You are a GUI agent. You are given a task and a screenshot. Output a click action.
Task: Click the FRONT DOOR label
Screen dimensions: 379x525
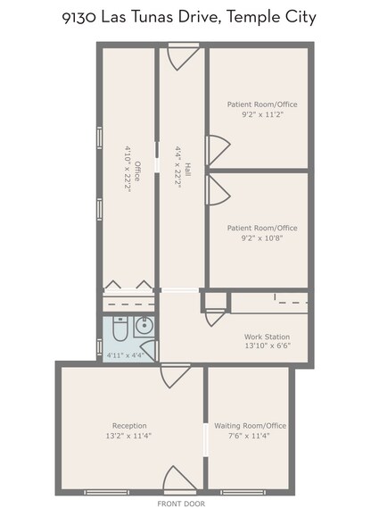click(181, 504)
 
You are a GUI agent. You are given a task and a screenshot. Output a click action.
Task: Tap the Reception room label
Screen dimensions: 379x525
click(129, 426)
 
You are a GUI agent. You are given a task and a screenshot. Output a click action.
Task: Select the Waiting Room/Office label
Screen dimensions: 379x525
click(251, 426)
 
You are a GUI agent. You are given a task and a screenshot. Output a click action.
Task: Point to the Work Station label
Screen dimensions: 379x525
click(267, 337)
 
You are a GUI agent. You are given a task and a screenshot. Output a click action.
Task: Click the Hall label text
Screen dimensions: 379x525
click(188, 170)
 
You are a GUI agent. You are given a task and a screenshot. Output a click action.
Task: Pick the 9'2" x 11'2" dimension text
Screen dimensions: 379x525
click(262, 114)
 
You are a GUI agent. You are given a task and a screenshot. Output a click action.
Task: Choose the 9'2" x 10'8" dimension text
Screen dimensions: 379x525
click(262, 238)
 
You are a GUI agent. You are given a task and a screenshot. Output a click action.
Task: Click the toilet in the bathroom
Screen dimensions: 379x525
click(119, 329)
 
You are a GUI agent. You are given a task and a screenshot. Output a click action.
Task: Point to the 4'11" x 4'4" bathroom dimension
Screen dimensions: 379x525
click(125, 354)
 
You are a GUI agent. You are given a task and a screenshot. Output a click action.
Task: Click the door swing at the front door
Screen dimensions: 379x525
click(179, 479)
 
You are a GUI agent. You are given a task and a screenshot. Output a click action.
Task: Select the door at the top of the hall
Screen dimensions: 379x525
click(183, 57)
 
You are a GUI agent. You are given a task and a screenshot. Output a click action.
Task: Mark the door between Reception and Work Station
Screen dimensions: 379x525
click(176, 376)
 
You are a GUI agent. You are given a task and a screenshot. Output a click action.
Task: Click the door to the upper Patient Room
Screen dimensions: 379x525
click(218, 150)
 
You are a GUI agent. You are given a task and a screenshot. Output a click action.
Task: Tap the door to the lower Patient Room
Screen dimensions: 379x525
click(218, 190)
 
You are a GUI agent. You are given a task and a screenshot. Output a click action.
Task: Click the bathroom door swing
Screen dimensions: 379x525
click(149, 350)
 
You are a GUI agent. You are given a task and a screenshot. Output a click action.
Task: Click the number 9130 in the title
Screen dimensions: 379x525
click(79, 18)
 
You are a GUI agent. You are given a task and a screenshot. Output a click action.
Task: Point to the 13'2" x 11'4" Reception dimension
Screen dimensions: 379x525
click(128, 436)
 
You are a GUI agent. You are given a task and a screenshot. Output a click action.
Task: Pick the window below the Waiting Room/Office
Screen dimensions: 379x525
click(243, 492)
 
